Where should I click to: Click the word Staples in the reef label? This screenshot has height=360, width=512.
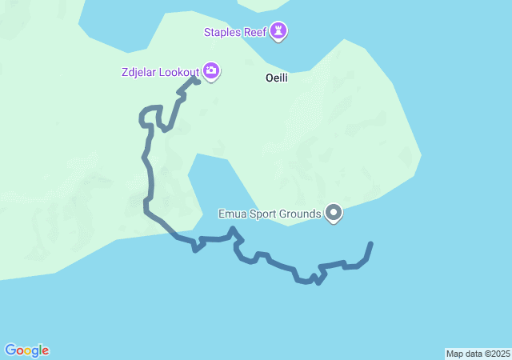click(x=224, y=32)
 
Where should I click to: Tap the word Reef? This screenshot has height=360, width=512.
click(x=258, y=32)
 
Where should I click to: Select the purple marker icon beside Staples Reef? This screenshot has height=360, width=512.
click(x=279, y=31)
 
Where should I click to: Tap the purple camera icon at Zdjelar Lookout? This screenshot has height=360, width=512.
click(x=211, y=71)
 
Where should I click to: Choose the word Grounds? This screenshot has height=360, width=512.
click(x=301, y=214)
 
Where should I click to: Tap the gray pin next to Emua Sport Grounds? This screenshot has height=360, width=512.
click(x=334, y=213)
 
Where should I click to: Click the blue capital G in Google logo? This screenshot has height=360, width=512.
click(x=10, y=350)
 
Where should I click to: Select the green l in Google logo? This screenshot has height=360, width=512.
click(x=41, y=350)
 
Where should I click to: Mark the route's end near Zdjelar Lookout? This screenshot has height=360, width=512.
click(x=197, y=81)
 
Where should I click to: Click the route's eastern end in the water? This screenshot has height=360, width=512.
click(x=370, y=243)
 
